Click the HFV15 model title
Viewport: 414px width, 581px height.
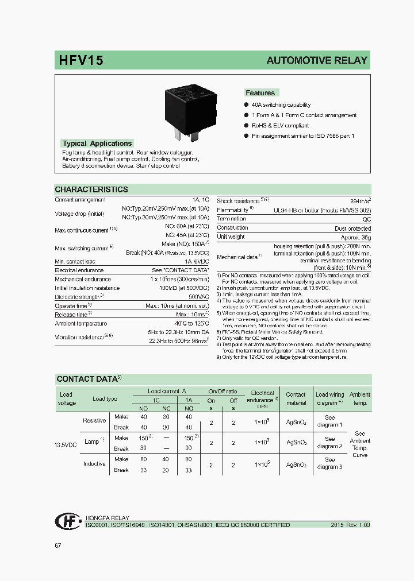click(81, 61)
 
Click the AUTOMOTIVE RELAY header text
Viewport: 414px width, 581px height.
click(316, 61)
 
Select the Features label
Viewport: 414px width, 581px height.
click(260, 93)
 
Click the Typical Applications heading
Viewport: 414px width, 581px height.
click(97, 144)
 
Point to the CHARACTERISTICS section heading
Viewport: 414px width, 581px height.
click(91, 189)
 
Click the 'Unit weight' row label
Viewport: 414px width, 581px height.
click(231, 237)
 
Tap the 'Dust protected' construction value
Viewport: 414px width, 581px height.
click(352, 228)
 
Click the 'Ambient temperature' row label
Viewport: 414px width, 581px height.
click(82, 323)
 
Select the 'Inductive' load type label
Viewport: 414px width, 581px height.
click(94, 463)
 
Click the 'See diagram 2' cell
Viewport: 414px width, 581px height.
click(329, 442)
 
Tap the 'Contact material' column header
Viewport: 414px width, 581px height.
click(296, 398)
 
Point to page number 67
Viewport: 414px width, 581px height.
click(58, 545)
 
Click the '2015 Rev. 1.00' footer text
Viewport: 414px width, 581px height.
click(350, 525)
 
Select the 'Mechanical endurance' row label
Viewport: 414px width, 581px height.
click(83, 279)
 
